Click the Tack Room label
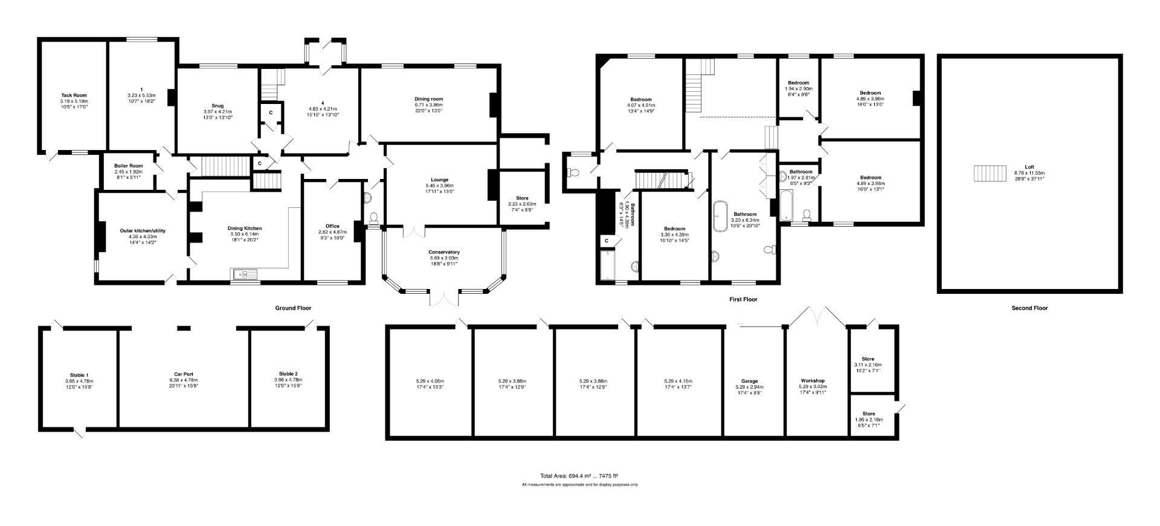click(74, 96)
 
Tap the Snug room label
click(217, 106)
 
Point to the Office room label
click(332, 226)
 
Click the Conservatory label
click(444, 252)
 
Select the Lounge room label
click(439, 180)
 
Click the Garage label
click(749, 381)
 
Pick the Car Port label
click(183, 374)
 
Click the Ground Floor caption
click(293, 308)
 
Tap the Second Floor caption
click(1029, 308)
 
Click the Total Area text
click(579, 476)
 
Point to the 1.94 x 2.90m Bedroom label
click(798, 83)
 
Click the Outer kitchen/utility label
click(143, 231)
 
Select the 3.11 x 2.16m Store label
click(868, 359)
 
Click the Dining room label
click(428, 99)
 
